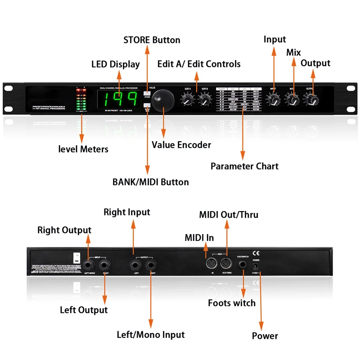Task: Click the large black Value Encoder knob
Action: pyautogui.click(x=163, y=99)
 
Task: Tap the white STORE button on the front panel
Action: pyautogui.click(x=147, y=93)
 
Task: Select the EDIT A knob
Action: pyautogui.click(x=187, y=102)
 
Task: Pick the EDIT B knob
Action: pyautogui.click(x=204, y=102)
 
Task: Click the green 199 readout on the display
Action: pyautogui.click(x=121, y=98)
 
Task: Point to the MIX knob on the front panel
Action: pyautogui.click(x=292, y=101)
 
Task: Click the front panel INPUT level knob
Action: pyautogui.click(x=274, y=101)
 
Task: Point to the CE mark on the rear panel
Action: pyautogui.click(x=256, y=252)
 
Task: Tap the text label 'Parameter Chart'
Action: pyautogui.click(x=244, y=166)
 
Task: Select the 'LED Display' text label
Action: pyautogui.click(x=116, y=64)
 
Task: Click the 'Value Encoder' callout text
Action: pyautogui.click(x=181, y=144)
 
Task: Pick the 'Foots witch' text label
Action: pyautogui.click(x=231, y=303)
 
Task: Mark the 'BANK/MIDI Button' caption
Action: pyautogui.click(x=150, y=182)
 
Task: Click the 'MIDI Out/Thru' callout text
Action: pyautogui.click(x=229, y=215)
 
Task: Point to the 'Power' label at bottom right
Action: pyautogui.click(x=265, y=336)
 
